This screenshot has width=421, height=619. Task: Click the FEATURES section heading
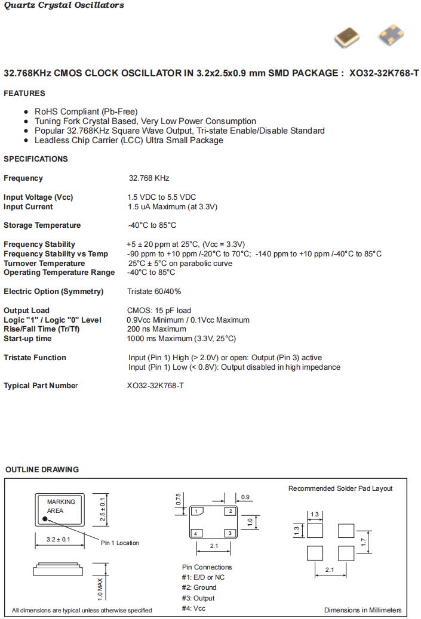pyautogui.click(x=24, y=94)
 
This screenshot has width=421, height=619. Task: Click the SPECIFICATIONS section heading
pyautogui.click(x=36, y=159)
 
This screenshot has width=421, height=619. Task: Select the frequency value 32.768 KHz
pyautogui.click(x=149, y=178)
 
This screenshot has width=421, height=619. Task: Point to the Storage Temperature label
pyautogui.click(x=42, y=225)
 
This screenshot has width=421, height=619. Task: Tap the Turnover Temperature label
pyautogui.click(x=44, y=264)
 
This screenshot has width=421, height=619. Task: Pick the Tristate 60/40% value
pyautogui.click(x=154, y=292)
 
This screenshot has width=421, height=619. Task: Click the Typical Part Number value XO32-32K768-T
pyautogui.click(x=155, y=386)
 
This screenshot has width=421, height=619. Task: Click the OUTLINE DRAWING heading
pyautogui.click(x=42, y=470)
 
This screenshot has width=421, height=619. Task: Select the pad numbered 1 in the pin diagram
pyautogui.click(x=196, y=511)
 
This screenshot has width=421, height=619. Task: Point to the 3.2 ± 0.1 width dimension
pyautogui.click(x=58, y=540)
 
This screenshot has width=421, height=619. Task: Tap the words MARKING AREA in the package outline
pyautogui.click(x=61, y=506)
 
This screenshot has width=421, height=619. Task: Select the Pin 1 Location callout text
pyautogui.click(x=119, y=543)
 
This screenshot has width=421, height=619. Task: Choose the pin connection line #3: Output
pyautogui.click(x=198, y=598)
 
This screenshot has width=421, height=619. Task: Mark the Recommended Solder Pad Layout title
pyautogui.click(x=340, y=488)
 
